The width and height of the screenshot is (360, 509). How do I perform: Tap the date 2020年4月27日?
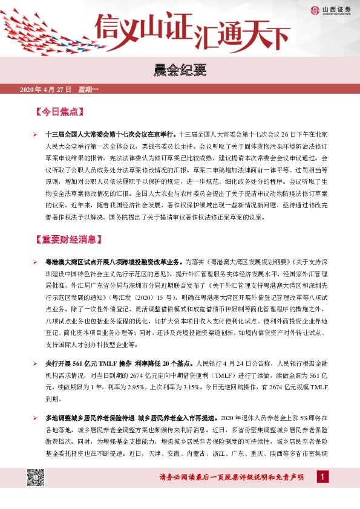[x=46, y=90]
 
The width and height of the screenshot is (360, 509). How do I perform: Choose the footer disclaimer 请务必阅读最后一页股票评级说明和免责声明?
[x=231, y=478]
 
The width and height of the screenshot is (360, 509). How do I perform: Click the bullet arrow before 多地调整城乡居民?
[x=35, y=418]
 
